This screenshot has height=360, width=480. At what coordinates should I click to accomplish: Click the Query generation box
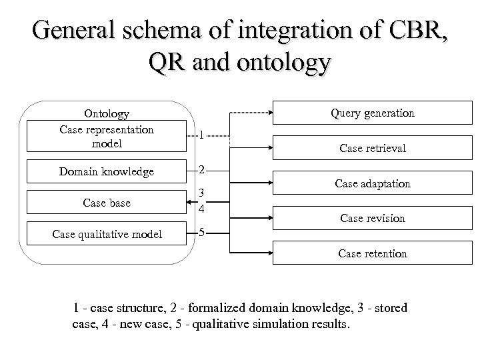click(x=373, y=113)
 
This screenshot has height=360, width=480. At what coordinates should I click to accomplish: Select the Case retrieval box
click(x=373, y=148)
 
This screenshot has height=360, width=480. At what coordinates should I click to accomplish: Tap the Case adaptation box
click(x=373, y=183)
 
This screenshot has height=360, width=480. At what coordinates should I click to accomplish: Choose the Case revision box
click(x=373, y=218)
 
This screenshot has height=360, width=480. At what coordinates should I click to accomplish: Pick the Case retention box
click(x=373, y=253)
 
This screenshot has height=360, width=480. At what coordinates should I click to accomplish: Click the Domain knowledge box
click(x=107, y=171)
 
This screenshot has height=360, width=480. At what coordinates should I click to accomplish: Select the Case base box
click(x=107, y=202)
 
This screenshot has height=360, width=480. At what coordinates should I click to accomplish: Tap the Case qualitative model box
click(x=107, y=233)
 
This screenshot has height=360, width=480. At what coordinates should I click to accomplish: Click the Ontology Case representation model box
click(x=107, y=129)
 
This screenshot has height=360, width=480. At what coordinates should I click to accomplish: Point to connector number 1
click(x=201, y=134)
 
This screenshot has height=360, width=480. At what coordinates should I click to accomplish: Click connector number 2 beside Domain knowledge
click(x=201, y=169)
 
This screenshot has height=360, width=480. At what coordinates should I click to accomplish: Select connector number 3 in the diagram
click(x=201, y=194)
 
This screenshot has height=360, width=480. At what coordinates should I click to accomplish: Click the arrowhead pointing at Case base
click(x=189, y=201)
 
